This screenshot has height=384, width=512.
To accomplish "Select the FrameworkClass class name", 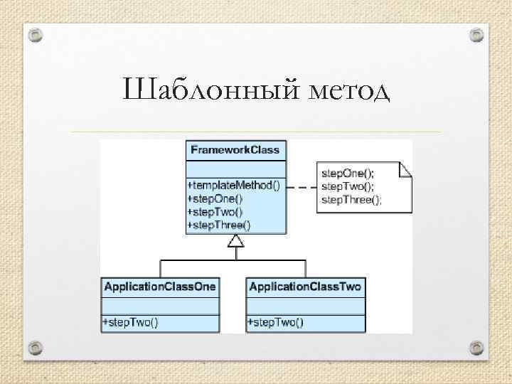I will point(235,150).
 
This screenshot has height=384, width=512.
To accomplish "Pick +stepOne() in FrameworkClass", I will point(215,198).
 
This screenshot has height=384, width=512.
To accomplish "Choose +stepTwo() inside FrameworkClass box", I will point(215,211).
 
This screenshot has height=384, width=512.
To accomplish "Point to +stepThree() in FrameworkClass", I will point(219,225).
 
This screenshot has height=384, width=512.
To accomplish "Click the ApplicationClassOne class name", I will point(160,287).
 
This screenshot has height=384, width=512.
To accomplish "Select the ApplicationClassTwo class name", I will point(306,287).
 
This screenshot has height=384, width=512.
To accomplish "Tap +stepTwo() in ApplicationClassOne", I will point(131,322).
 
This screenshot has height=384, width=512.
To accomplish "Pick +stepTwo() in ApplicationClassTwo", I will point(275,322).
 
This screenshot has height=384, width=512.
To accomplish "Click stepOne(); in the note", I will point(348,173).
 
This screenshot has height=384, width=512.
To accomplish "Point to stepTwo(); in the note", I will point(348,186).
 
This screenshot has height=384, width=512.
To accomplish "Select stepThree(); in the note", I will point(351,200).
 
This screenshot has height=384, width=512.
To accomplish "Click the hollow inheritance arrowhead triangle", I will point(235,241).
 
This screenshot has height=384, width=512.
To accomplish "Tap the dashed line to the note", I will point(302,187).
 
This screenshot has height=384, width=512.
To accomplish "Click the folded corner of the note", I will point(406,169).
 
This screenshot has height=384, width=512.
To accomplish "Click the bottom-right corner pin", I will point(476,347).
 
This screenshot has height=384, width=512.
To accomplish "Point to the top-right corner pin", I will point(476,34).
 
